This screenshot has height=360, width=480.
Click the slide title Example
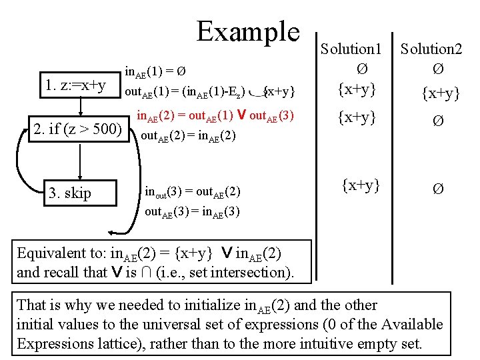click(x=249, y=32)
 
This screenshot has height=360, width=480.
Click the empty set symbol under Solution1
click(x=360, y=69)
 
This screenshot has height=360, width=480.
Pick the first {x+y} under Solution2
click(x=438, y=93)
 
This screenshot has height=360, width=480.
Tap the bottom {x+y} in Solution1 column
click(x=361, y=185)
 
